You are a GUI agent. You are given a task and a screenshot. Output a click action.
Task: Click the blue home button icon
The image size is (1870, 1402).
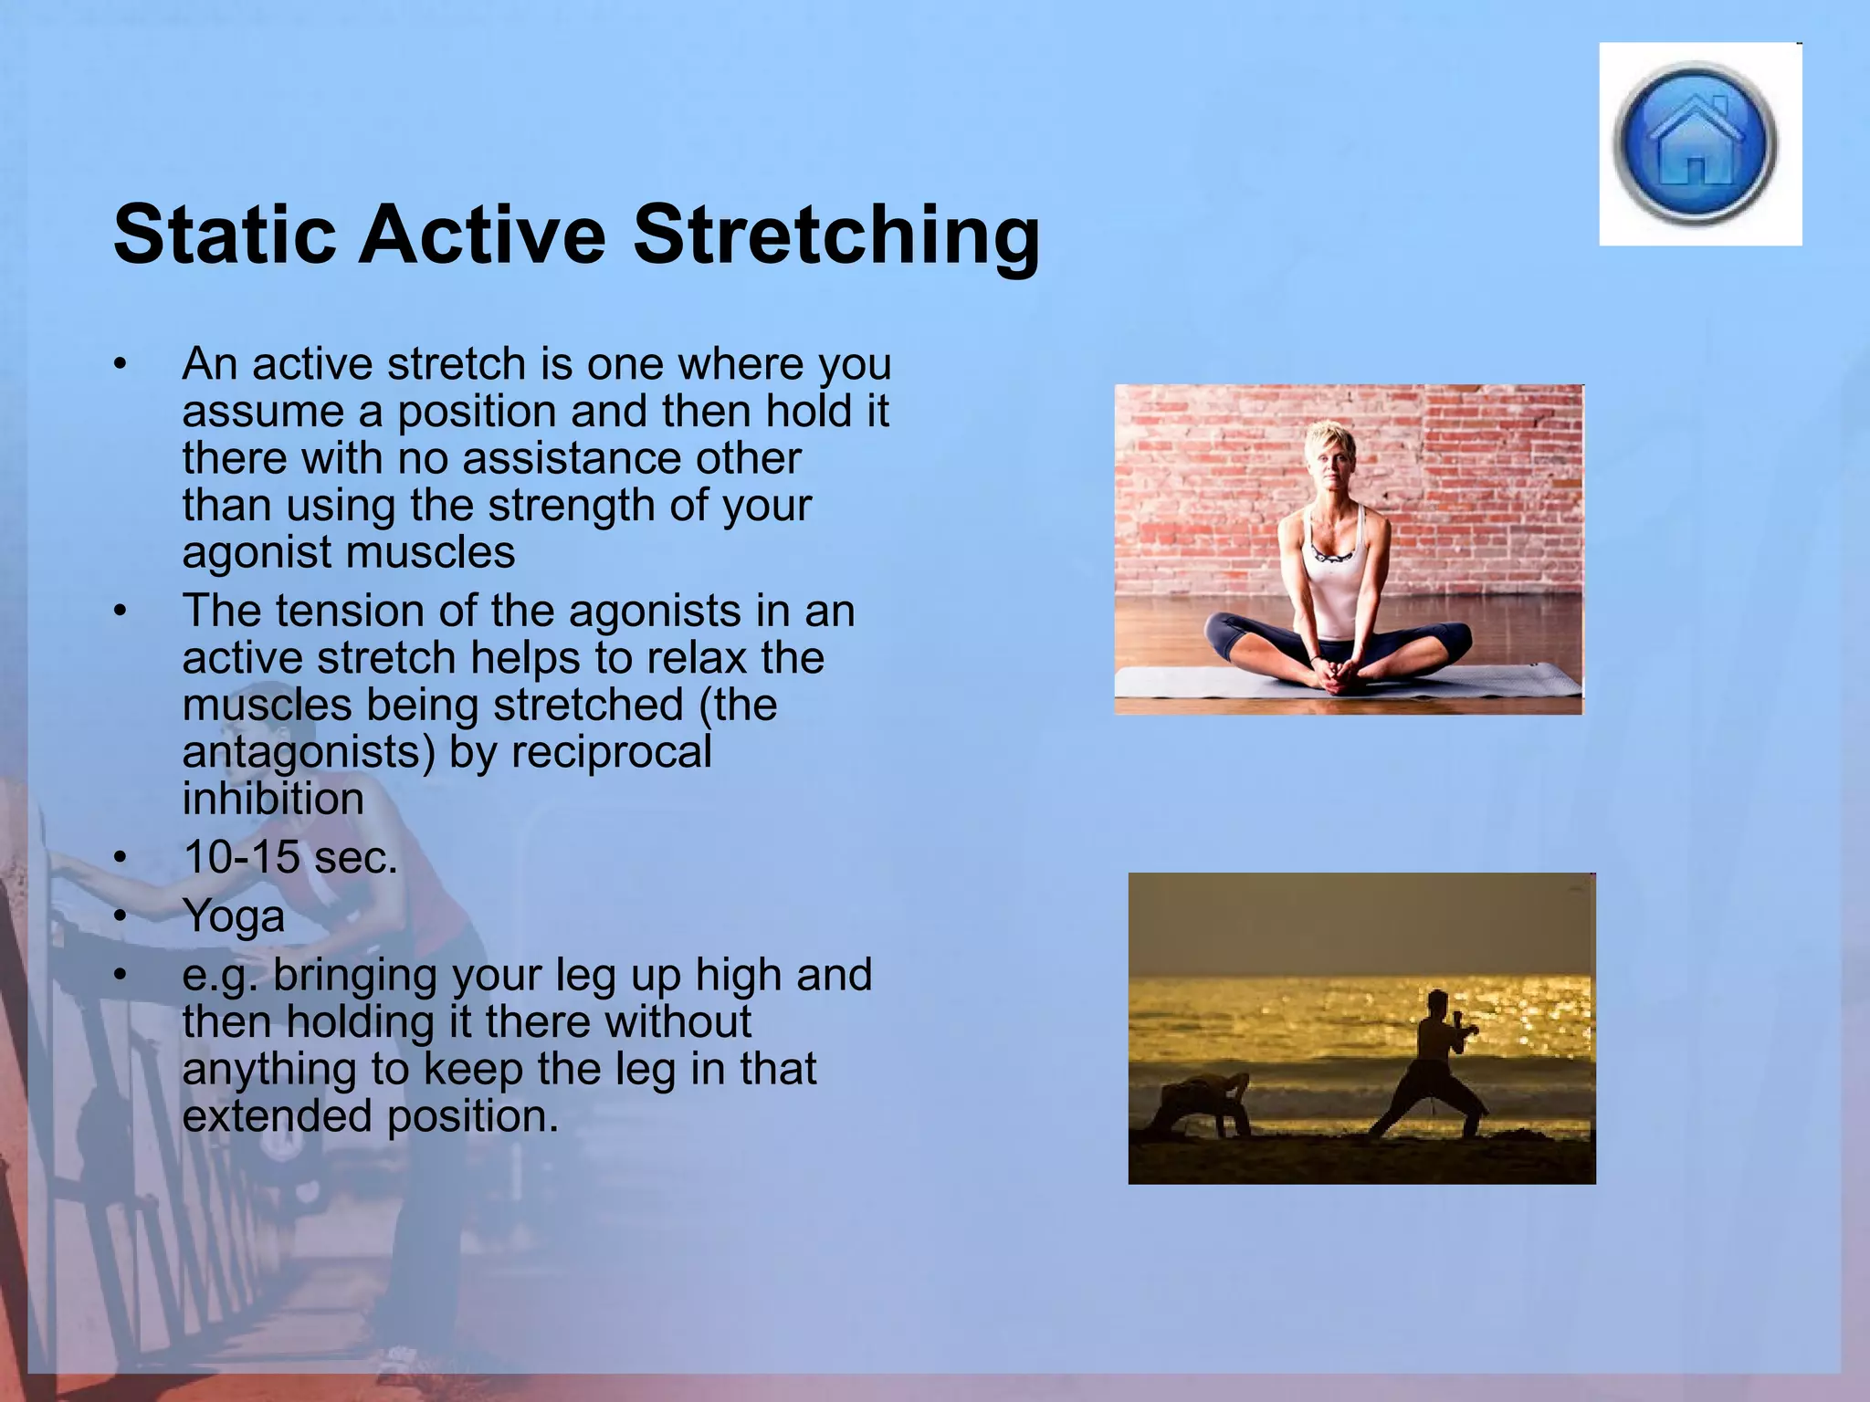[1696, 143]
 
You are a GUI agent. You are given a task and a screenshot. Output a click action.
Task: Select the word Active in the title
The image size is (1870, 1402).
[482, 235]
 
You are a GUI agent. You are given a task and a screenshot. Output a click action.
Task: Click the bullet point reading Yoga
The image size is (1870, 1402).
[234, 916]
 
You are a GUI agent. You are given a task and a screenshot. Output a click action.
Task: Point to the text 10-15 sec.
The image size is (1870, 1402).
[290, 857]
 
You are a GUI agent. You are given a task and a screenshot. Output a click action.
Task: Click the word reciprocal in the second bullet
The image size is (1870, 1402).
[611, 752]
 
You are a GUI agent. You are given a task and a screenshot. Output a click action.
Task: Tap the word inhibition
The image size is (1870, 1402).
[273, 800]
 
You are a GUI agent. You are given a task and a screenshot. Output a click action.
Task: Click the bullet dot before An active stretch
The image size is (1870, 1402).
[120, 365]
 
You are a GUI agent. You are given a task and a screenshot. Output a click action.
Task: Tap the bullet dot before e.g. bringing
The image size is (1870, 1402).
[120, 976]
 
